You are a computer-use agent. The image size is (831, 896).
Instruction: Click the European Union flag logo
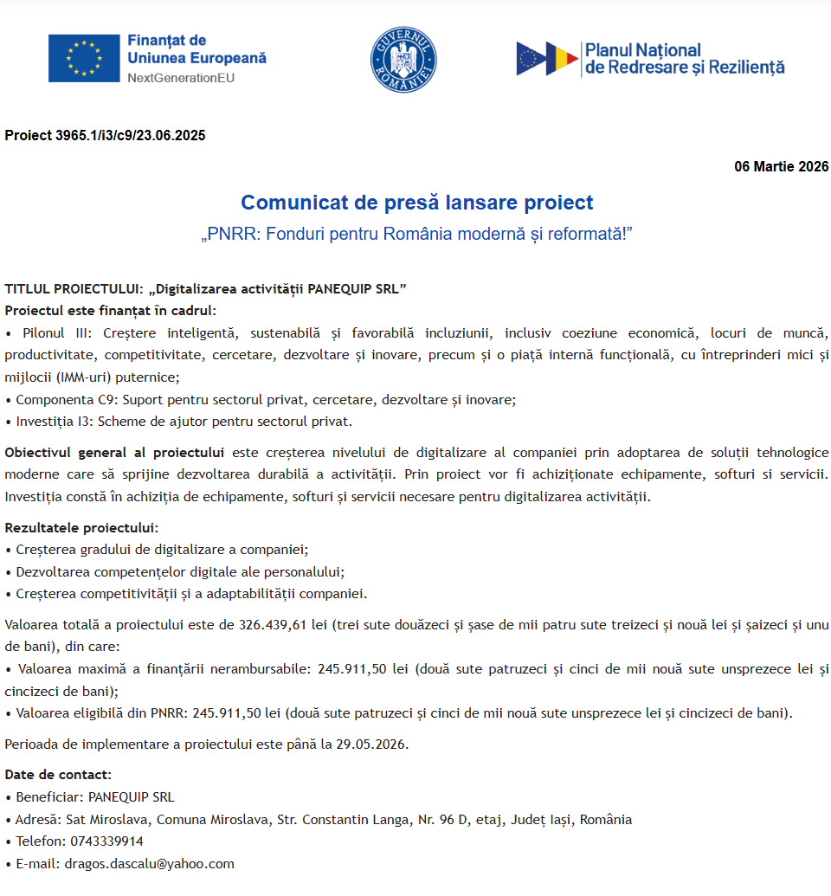pyautogui.click(x=84, y=59)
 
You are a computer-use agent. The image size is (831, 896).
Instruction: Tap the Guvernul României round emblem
pyautogui.click(x=403, y=59)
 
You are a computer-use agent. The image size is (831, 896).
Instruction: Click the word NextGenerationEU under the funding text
pyautogui.click(x=180, y=78)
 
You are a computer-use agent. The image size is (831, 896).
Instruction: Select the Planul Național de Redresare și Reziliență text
pyautogui.click(x=684, y=59)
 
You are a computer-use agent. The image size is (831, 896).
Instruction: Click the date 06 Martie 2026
pyautogui.click(x=781, y=166)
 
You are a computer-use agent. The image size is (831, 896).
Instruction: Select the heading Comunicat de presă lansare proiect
pyautogui.click(x=416, y=203)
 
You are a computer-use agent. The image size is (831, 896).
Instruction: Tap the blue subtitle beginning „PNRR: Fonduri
pyautogui.click(x=416, y=235)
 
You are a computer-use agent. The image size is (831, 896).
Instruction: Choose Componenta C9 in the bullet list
pyautogui.click(x=68, y=400)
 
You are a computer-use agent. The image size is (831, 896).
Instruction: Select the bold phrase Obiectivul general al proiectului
pyautogui.click(x=114, y=452)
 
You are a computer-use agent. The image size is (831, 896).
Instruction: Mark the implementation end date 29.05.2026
pyautogui.click(x=371, y=744)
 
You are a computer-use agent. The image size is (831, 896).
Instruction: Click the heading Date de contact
pyautogui.click(x=58, y=775)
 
